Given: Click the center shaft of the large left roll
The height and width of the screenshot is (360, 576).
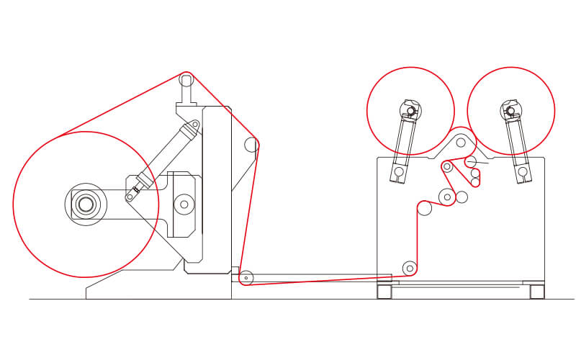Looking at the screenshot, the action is click(86, 204).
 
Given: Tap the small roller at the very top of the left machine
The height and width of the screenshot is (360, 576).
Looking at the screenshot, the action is click(186, 78).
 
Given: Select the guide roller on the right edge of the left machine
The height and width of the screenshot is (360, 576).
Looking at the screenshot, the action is click(251, 145).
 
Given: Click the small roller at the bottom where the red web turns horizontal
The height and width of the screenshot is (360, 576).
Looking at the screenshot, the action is click(246, 277).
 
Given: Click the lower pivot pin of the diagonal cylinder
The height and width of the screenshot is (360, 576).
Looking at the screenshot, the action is click(130, 196).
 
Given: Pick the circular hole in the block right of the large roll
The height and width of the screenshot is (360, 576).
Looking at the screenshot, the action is click(184, 204).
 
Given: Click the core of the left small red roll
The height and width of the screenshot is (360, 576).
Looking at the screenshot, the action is click(410, 111).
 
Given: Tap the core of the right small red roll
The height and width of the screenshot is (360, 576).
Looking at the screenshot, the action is click(510, 111).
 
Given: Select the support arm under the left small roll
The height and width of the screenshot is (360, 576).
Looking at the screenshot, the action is click(404, 144).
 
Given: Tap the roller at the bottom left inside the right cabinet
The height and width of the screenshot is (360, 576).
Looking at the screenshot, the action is click(410, 269).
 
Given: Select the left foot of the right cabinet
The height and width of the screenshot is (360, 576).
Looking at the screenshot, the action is click(384, 292).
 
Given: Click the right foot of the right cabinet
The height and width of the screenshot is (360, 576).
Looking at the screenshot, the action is click(537, 292).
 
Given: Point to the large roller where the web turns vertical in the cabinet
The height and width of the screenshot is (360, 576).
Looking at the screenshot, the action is click(425, 208).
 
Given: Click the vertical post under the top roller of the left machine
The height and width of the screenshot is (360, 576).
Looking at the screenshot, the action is click(186, 94).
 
